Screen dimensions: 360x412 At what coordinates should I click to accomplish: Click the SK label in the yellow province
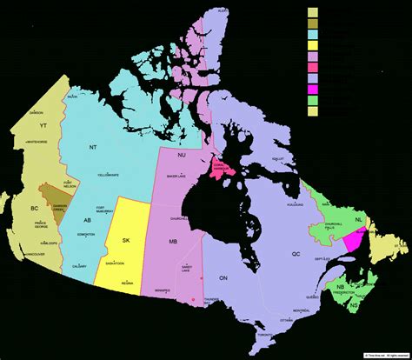[126, 240]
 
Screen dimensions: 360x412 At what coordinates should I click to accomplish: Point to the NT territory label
[93, 148]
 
